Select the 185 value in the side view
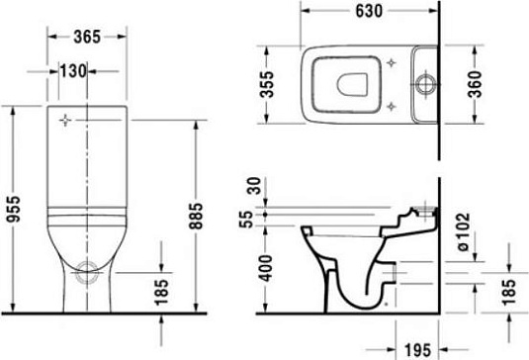pyautogui.click(x=508, y=292)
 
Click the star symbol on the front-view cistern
pyautogui.click(x=67, y=122)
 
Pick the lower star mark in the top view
pyautogui.click(x=394, y=106)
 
